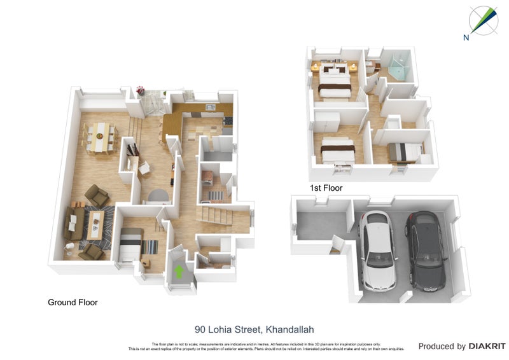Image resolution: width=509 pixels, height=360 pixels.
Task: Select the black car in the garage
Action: click(x=424, y=251)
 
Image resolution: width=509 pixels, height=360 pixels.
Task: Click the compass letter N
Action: click(x=466, y=38)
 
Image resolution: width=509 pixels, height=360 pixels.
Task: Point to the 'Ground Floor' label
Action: click(x=73, y=303)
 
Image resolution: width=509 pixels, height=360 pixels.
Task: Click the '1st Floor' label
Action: click(x=326, y=188)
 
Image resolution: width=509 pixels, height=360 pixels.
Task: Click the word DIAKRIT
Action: click(x=487, y=347)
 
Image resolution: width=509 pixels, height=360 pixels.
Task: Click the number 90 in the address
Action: click(x=200, y=329)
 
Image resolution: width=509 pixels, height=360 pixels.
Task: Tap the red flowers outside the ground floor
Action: click(x=141, y=90)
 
